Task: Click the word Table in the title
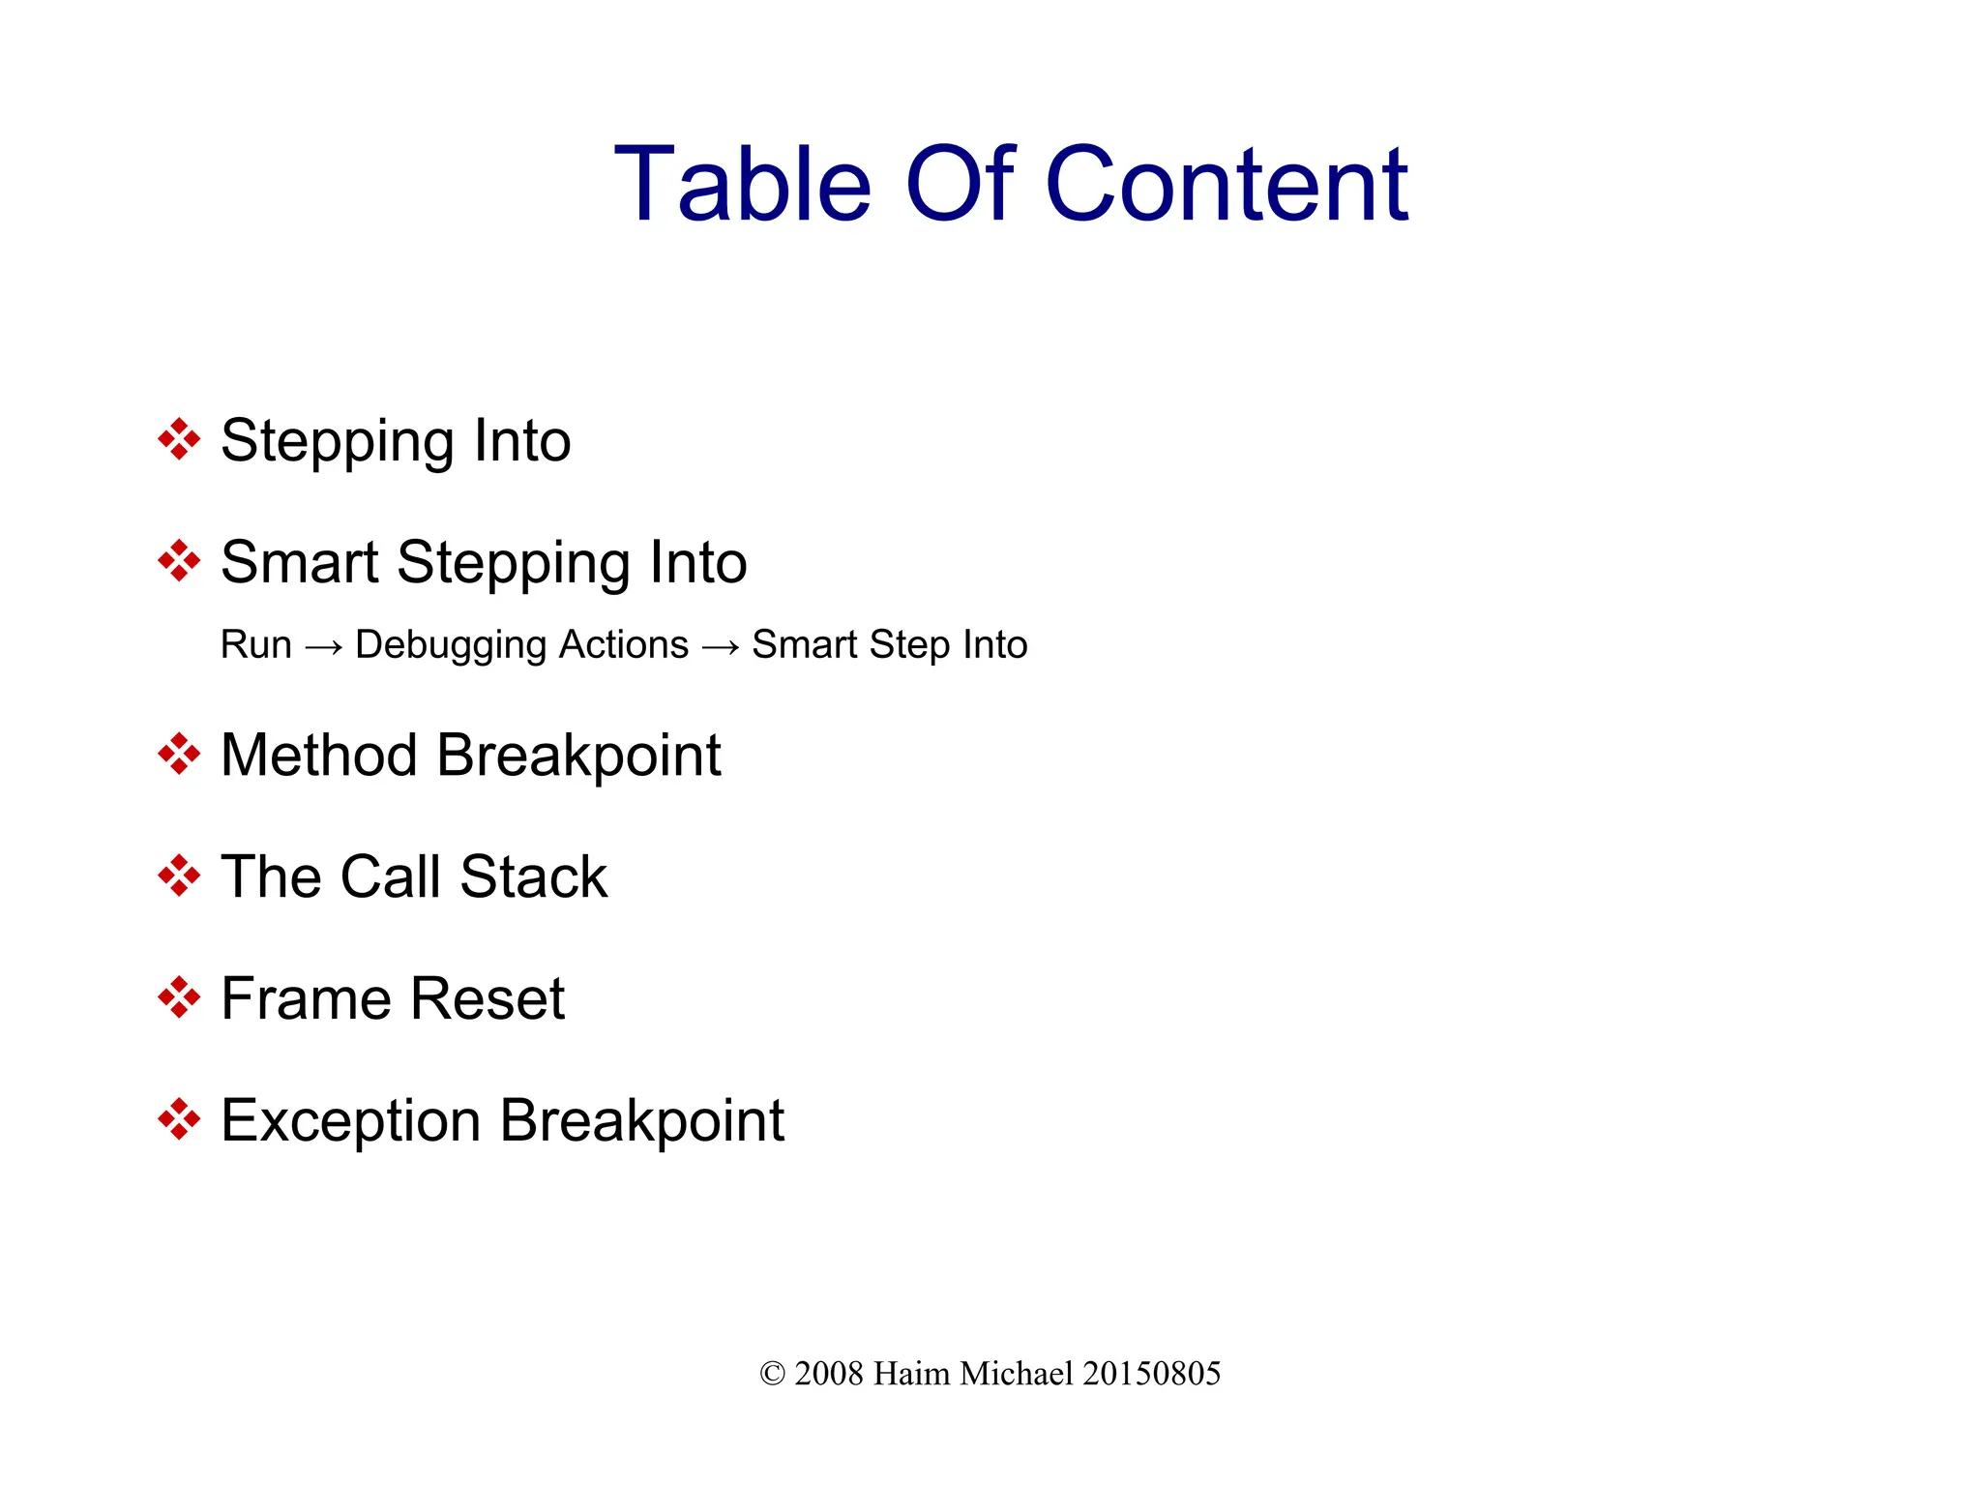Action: (x=742, y=184)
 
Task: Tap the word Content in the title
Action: (x=1227, y=184)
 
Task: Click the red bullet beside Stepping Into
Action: (x=179, y=439)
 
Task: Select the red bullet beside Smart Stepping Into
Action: (x=179, y=561)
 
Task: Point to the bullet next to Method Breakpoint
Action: (x=179, y=754)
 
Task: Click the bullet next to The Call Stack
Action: (x=179, y=876)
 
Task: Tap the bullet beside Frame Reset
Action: (x=179, y=997)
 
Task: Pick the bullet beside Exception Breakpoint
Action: (x=179, y=1119)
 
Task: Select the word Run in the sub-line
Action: (x=255, y=644)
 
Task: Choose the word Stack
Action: (x=533, y=876)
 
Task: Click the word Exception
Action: (x=350, y=1120)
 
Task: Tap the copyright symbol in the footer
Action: (x=772, y=1374)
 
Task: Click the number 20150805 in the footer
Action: (x=1151, y=1374)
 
